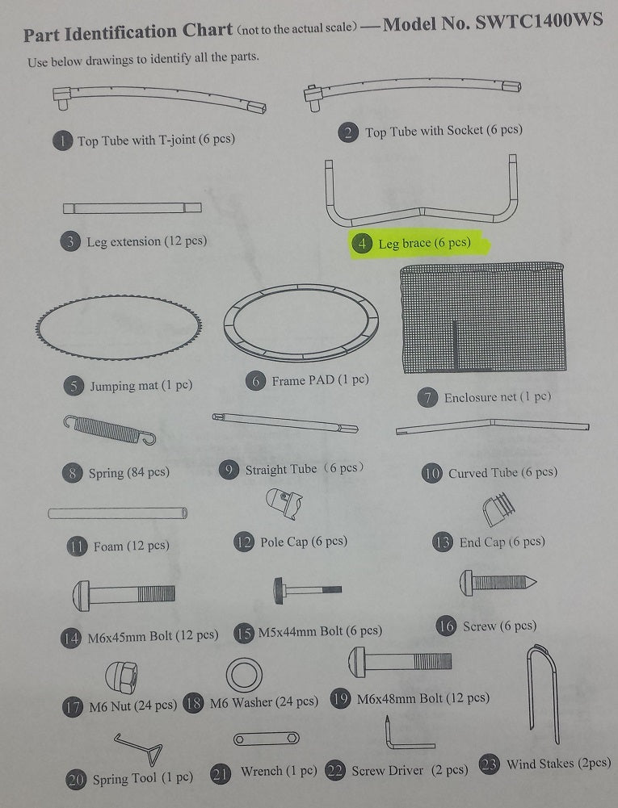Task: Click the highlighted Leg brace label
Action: click(x=419, y=244)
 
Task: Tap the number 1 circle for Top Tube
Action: click(x=62, y=140)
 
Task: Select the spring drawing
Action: click(x=109, y=429)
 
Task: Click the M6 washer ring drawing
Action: click(x=244, y=675)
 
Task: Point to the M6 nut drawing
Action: click(x=121, y=677)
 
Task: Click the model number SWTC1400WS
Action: click(x=539, y=22)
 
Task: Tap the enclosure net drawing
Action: click(x=483, y=317)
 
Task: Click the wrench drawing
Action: click(x=266, y=739)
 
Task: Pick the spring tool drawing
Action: click(x=139, y=748)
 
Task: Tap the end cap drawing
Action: click(x=498, y=509)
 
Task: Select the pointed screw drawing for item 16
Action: click(x=498, y=583)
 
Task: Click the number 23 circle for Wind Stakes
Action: click(x=489, y=764)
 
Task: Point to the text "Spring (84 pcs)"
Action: click(x=129, y=472)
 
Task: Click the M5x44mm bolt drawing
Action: click(x=308, y=590)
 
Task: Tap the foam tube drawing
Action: click(x=118, y=513)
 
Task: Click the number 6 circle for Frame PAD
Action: click(x=255, y=381)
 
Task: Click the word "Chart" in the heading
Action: click(x=208, y=30)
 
